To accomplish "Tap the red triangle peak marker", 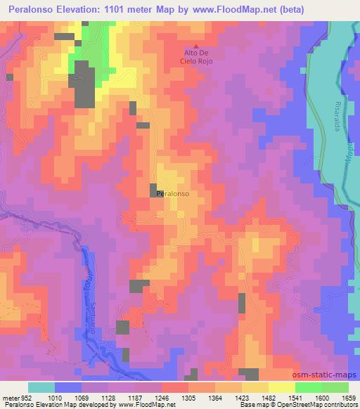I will point(206,44).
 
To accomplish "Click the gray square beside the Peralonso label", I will point(153,190).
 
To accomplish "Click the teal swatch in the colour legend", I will point(41,387).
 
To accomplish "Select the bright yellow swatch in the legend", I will point(281,387).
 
